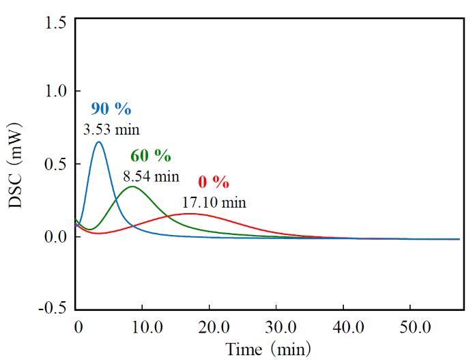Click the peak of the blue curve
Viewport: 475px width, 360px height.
tap(99, 141)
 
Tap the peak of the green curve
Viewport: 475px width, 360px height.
tap(132, 186)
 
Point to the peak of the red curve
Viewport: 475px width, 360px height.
tap(189, 214)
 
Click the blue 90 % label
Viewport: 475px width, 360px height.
tap(111, 109)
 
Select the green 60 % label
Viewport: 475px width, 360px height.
tap(151, 156)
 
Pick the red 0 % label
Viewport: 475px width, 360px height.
tap(214, 182)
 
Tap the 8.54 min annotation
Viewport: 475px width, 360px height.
tap(151, 177)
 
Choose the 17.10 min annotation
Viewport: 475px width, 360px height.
tap(214, 202)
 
